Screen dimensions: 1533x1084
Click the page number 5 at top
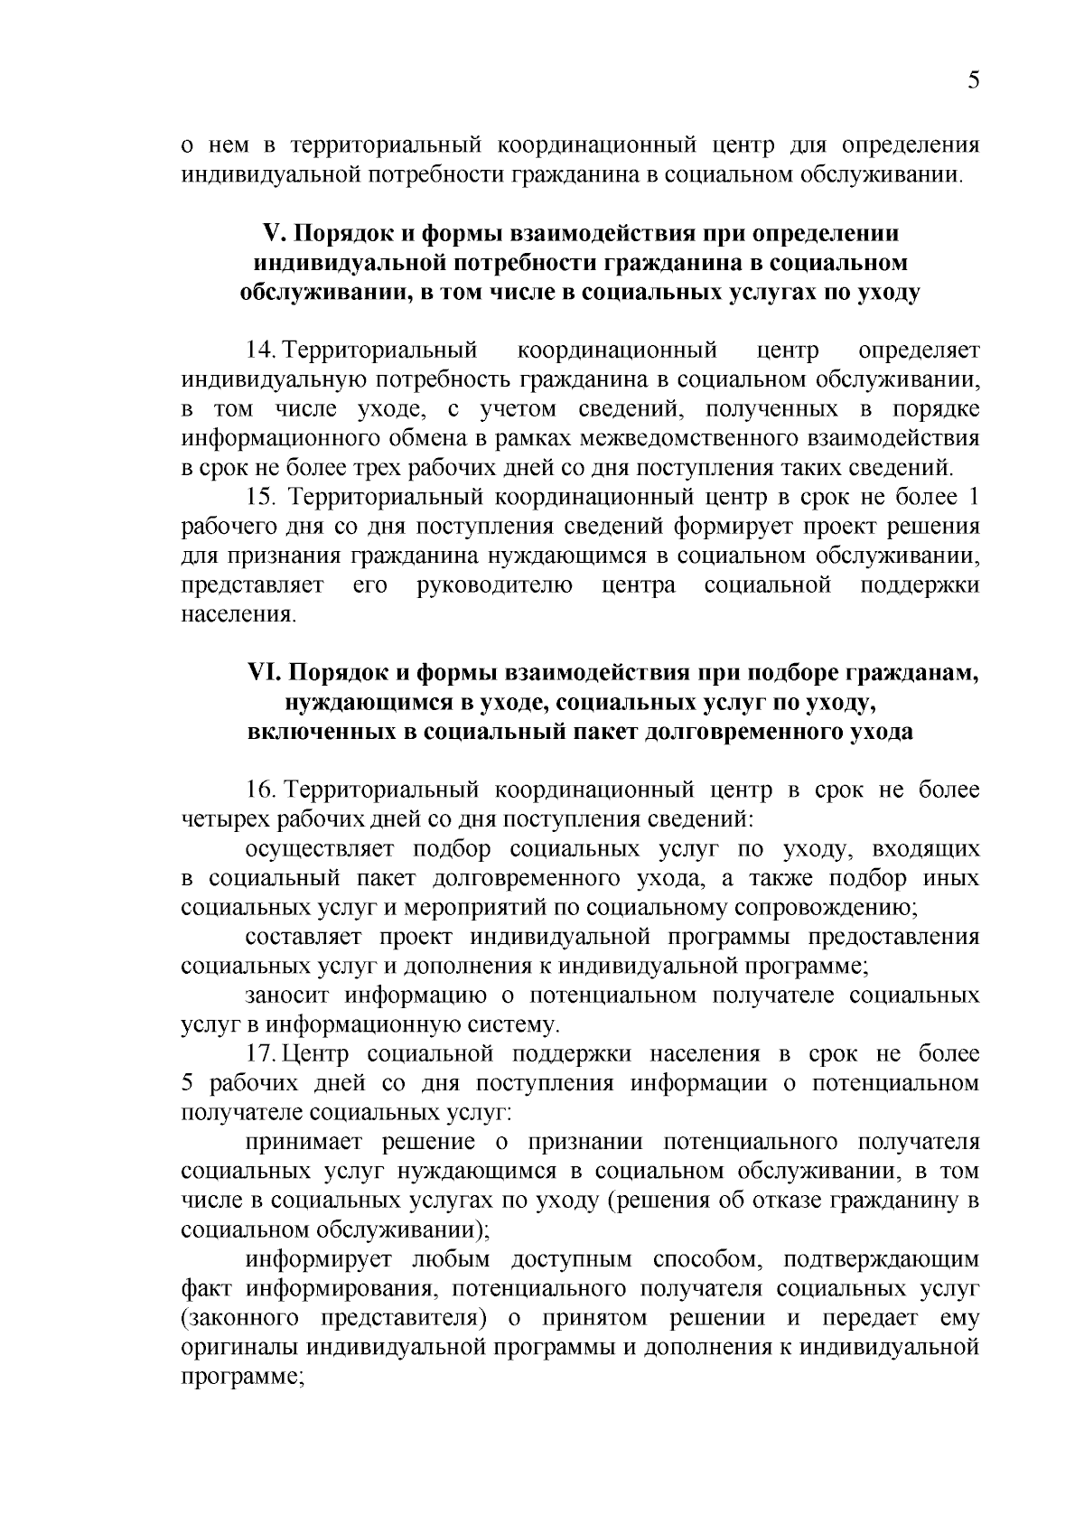click(973, 80)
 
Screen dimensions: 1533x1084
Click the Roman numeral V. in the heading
click(273, 233)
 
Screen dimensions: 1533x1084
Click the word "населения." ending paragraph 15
click(238, 615)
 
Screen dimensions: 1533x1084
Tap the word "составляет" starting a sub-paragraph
click(304, 937)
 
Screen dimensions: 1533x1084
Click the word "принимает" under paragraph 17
click(302, 1142)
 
